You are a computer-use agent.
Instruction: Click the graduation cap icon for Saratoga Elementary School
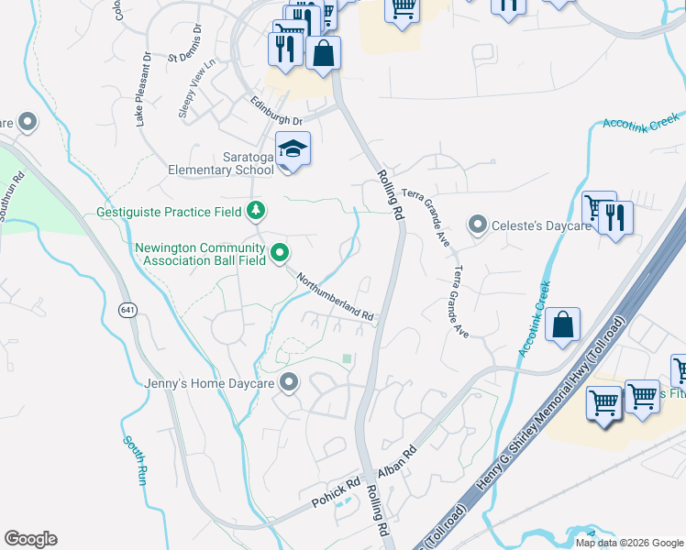[x=293, y=149]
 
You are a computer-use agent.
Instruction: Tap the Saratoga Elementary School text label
[x=220, y=162]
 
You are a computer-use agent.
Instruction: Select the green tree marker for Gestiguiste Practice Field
[x=257, y=212]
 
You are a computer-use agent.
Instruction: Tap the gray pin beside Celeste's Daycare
[x=477, y=225]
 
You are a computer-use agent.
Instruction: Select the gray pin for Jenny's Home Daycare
[x=290, y=382]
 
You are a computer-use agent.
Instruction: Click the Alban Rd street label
[x=397, y=463]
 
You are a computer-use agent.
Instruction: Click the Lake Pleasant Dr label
[x=142, y=88]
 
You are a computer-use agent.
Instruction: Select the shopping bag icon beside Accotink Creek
[x=563, y=325]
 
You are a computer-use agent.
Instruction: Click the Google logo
[x=30, y=538]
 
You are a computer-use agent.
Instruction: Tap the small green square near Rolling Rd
[x=347, y=358]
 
